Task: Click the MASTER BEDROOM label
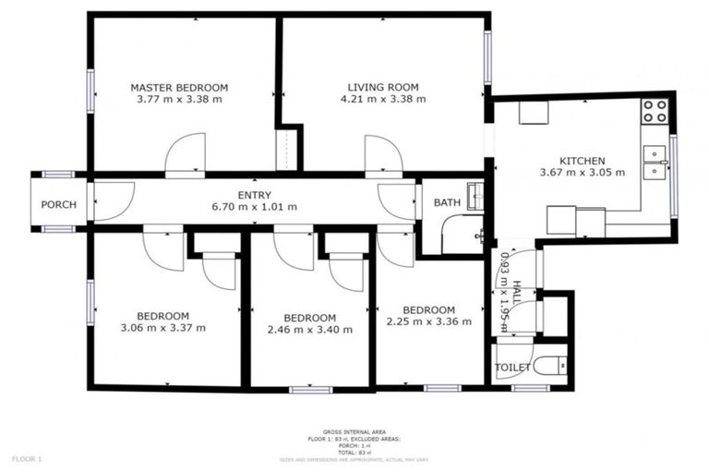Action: (x=178, y=88)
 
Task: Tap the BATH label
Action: (x=447, y=202)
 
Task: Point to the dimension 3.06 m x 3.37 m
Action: (x=162, y=328)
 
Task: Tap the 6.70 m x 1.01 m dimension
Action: (x=254, y=207)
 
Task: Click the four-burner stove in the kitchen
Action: (x=655, y=111)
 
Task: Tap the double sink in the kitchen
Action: (x=655, y=162)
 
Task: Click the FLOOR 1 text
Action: (x=27, y=458)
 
